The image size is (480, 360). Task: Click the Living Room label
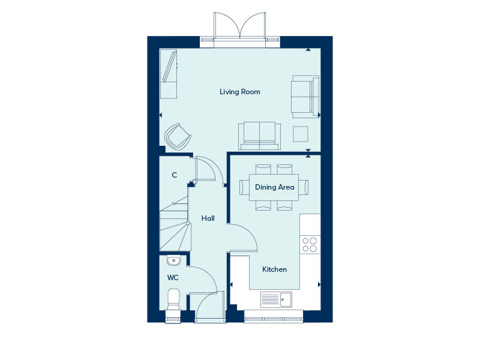point(239,92)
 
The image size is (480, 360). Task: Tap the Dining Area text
point(274,187)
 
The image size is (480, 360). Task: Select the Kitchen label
point(274,269)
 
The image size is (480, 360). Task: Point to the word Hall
point(208,218)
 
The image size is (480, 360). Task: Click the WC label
point(173,278)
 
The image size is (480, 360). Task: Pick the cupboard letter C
point(175,175)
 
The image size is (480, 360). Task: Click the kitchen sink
point(276,299)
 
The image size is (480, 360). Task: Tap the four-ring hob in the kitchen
point(310,245)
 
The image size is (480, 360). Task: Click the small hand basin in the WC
point(173,261)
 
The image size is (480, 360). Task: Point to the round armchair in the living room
point(178,137)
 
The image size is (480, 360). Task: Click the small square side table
point(301,134)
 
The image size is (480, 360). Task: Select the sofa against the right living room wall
point(305,97)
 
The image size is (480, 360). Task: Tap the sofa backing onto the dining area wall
point(260,136)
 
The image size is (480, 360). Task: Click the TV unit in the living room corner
point(169,74)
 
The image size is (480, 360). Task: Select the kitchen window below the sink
point(274,316)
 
